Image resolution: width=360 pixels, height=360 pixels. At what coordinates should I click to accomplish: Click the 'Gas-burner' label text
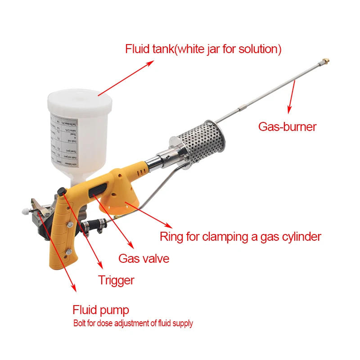[287, 126]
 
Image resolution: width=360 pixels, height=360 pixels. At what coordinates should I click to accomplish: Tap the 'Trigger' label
[116, 280]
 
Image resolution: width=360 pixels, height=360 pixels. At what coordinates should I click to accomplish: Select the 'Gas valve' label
[144, 258]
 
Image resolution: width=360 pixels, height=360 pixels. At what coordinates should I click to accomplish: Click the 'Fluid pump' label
[101, 310]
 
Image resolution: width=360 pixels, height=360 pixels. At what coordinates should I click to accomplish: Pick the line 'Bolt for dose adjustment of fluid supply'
[133, 323]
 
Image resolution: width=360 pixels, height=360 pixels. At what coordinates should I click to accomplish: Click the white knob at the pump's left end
[23, 210]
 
